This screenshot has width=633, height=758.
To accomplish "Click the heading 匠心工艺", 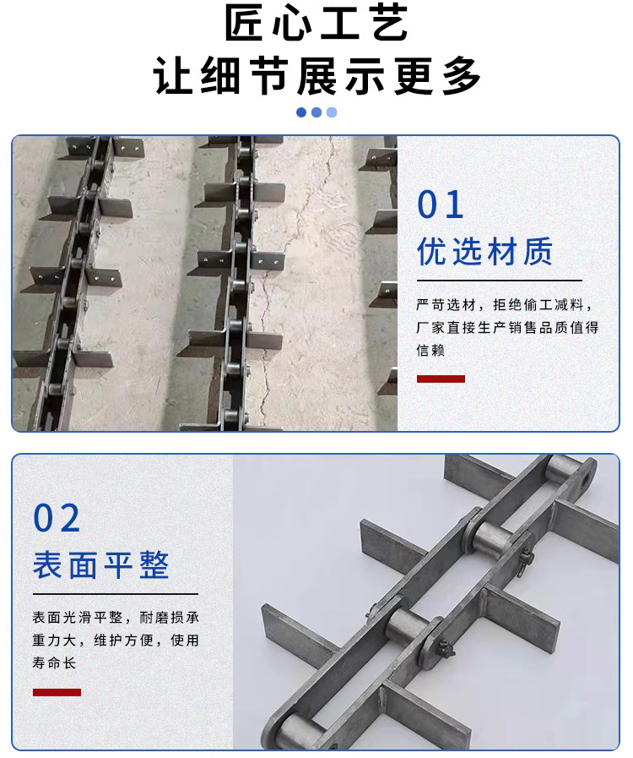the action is click(316, 23).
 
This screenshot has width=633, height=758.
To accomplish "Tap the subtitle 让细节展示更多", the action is click(316, 76).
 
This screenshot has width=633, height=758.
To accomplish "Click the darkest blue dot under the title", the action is click(301, 112).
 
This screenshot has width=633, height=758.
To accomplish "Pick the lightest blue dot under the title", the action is click(332, 112).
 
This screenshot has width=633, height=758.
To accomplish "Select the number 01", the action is click(441, 204).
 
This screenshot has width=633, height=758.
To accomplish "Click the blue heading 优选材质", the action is click(484, 251).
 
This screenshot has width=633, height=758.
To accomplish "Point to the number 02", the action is click(57, 518).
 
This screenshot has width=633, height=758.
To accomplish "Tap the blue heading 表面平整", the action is click(101, 564).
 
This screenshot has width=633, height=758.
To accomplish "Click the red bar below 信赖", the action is click(441, 379).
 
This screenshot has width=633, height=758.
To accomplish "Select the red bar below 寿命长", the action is click(57, 692).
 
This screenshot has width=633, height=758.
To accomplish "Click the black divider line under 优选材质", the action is click(500, 281).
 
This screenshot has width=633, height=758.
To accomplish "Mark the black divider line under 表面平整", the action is click(116, 593).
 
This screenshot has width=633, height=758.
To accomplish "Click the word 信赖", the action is click(430, 350).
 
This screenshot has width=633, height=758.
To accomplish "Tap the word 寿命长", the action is click(54, 663).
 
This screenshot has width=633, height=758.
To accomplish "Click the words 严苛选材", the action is click(446, 305).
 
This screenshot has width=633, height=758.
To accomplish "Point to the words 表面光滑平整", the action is click(78, 618).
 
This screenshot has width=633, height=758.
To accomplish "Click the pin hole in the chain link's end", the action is click(584, 480).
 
